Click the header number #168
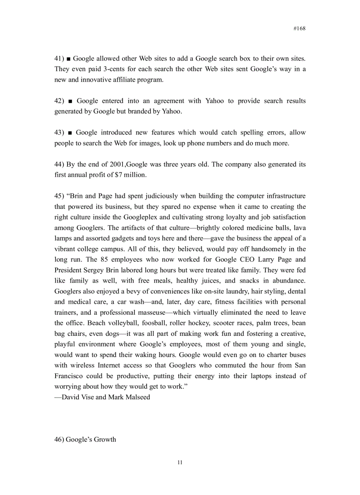(299, 28)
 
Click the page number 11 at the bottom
(180, 462)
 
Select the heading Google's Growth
(91, 439)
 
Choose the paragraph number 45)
(60, 196)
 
